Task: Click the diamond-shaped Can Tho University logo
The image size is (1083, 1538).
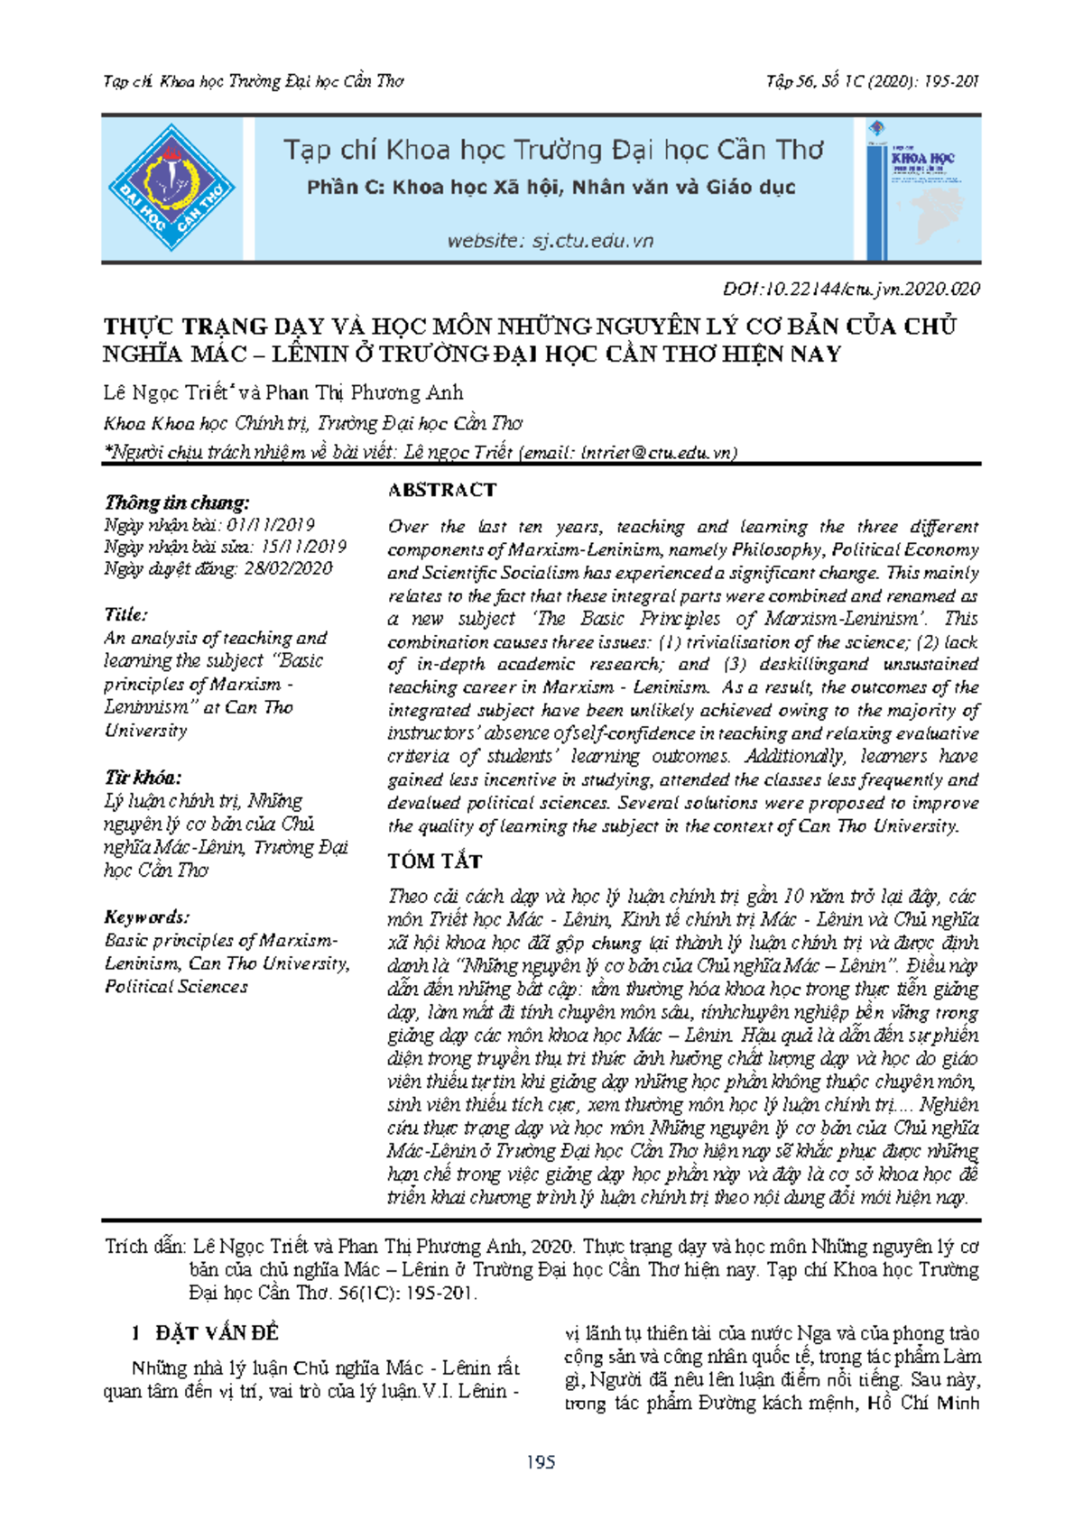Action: click(171, 189)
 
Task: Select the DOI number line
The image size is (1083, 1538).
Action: click(851, 290)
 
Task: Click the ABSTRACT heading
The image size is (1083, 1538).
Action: click(442, 490)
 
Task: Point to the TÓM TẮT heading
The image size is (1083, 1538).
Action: click(435, 861)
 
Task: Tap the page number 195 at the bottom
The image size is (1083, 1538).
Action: click(541, 1462)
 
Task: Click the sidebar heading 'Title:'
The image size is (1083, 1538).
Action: click(125, 614)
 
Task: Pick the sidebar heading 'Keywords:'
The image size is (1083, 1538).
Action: click(146, 917)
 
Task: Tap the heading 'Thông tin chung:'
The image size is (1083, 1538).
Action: click(177, 502)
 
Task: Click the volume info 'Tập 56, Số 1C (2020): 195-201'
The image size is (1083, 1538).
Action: click(873, 82)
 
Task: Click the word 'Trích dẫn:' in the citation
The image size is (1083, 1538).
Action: click(145, 1247)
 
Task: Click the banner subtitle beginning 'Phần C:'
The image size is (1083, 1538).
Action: click(551, 188)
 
